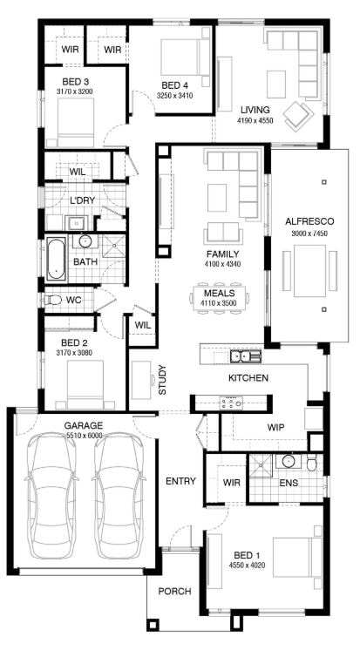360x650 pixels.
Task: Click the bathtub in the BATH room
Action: (x=57, y=259)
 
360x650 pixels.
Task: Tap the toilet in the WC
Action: (x=52, y=300)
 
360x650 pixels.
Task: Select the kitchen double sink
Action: (x=246, y=355)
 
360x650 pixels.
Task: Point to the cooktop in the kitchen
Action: (x=231, y=403)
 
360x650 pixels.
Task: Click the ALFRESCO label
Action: (x=309, y=221)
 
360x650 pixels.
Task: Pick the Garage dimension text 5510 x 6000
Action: (x=84, y=436)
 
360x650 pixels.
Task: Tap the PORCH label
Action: (x=174, y=591)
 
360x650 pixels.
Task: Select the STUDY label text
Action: (x=162, y=380)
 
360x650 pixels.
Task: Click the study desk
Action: (x=142, y=380)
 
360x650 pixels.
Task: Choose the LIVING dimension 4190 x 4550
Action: (x=255, y=120)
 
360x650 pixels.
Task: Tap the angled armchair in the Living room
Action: (x=298, y=116)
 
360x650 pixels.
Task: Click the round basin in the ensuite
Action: (x=289, y=461)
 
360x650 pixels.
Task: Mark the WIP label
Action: (x=275, y=428)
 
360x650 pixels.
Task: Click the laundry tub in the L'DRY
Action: (x=76, y=222)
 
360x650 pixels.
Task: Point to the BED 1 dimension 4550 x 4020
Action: (x=247, y=565)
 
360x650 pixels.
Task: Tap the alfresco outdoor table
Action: (x=309, y=271)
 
